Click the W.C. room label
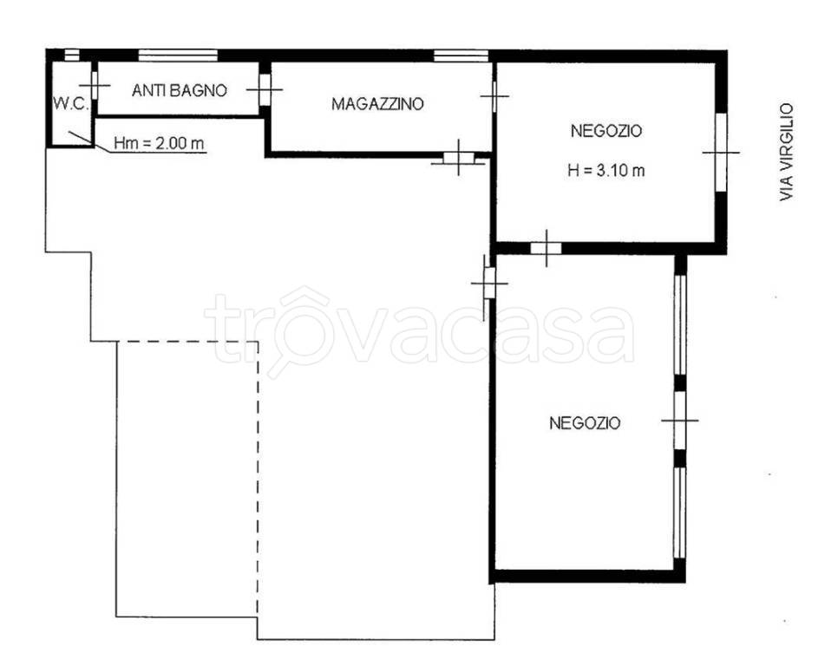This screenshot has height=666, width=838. point(70,103)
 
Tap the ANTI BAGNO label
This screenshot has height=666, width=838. point(179,90)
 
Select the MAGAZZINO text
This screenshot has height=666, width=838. point(377,103)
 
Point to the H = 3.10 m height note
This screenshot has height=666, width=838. point(606,170)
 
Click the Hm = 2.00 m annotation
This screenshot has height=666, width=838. point(160,143)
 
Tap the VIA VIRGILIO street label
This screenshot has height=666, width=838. point(786,153)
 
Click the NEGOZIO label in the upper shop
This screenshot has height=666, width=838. point(606,131)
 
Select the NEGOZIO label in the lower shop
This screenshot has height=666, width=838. point(586,423)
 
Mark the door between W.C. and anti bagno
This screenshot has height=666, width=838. point(95,86)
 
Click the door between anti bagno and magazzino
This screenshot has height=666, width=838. point(265,89)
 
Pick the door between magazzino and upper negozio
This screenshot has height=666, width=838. point(494,96)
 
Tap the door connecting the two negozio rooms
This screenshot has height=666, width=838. point(546,248)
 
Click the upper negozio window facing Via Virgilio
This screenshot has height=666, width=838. point(721,153)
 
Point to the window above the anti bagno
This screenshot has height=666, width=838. point(178,55)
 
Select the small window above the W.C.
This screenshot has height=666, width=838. point(72,55)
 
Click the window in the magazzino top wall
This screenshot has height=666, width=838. point(461,55)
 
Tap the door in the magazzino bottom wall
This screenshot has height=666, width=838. point(459,157)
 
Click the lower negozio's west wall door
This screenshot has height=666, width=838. point(489,283)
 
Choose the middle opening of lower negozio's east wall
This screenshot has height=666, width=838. point(679,421)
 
